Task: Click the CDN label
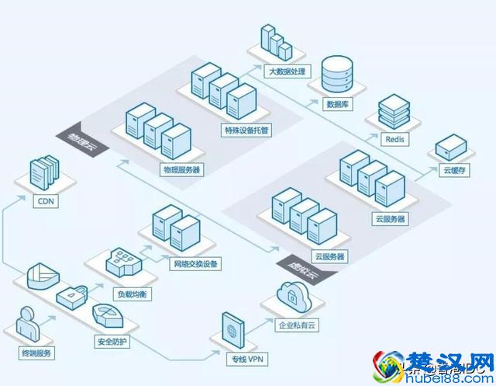[44, 200]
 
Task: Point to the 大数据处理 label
[288, 71]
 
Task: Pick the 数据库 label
[336, 103]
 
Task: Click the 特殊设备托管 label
[246, 130]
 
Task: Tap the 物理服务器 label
[182, 169]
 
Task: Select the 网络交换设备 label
[195, 263]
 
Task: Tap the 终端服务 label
[36, 353]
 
